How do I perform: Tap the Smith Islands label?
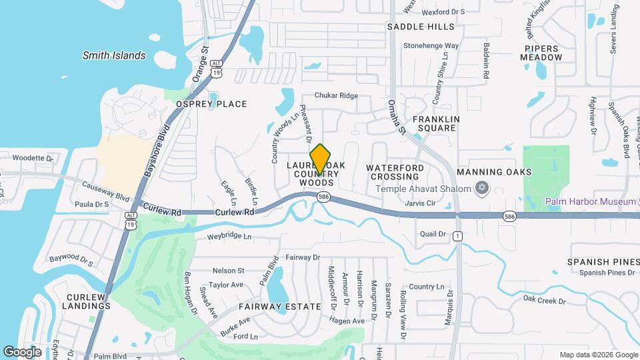[114, 55]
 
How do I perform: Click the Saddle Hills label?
[421, 27]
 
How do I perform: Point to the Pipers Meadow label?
[543, 53]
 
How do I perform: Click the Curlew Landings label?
[87, 301]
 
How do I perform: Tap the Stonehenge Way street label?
[431, 46]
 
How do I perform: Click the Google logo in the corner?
[22, 351]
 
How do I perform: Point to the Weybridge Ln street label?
[229, 236]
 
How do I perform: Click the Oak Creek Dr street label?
[544, 301]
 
